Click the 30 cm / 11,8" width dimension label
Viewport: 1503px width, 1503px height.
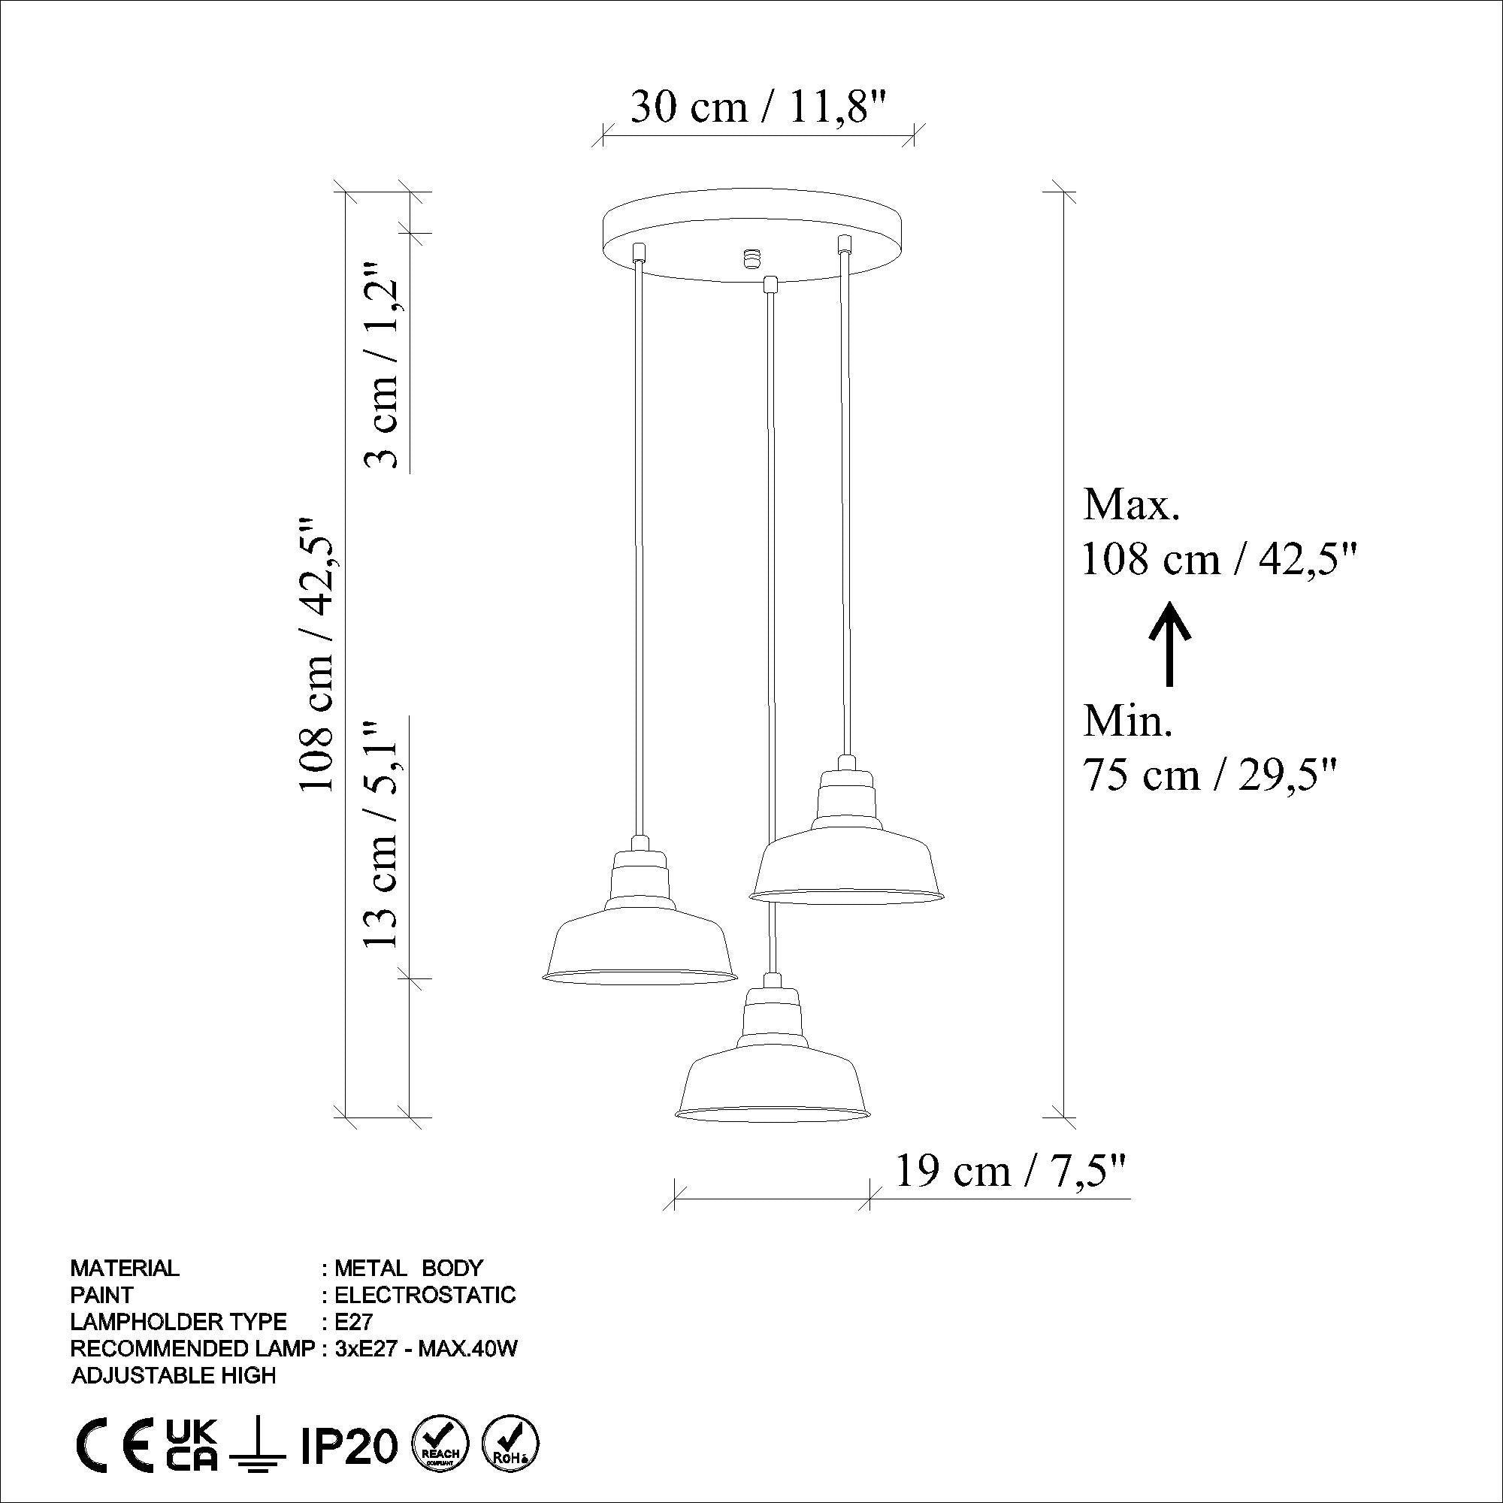pos(758,107)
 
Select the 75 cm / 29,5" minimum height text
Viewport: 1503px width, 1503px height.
pos(1211,774)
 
